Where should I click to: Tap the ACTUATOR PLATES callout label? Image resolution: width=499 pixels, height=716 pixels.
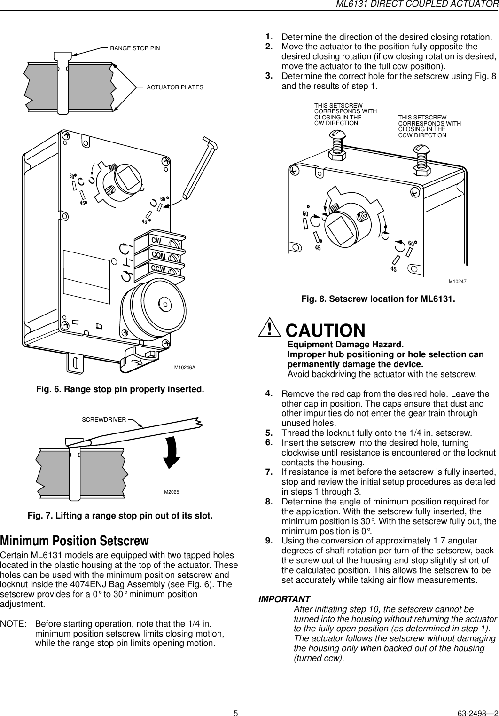point(175,87)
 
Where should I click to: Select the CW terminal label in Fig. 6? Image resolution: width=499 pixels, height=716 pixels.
point(156,241)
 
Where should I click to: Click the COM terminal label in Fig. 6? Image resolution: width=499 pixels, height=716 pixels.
point(158,255)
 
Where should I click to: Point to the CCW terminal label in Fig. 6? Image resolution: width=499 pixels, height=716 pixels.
point(158,269)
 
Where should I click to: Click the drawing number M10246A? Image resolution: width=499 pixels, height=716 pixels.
point(185,367)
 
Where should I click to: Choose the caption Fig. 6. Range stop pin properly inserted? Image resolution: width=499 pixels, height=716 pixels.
point(120,390)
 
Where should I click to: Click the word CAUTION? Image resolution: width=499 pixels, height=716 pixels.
point(325,330)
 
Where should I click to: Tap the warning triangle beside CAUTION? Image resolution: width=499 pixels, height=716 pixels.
point(269,329)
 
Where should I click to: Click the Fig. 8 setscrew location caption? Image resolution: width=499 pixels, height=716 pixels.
point(378,299)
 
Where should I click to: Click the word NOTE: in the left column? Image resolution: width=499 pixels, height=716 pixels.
point(13,624)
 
